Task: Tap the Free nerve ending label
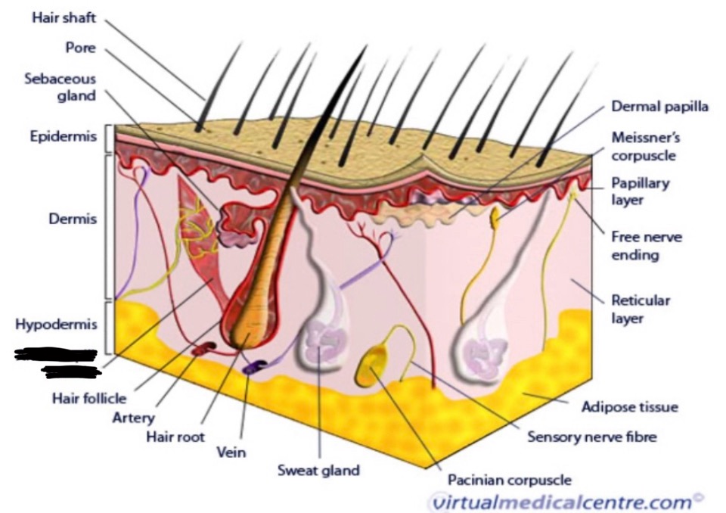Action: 646,246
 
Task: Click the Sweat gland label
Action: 318,470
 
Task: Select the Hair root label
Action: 175,437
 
